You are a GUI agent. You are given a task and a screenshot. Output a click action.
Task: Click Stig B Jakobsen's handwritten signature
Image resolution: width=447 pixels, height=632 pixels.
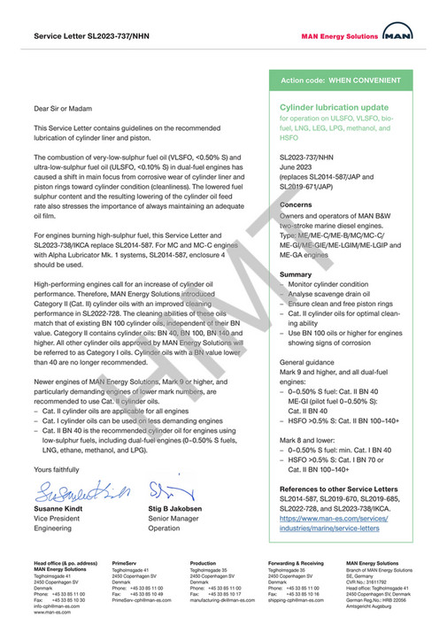[169, 489]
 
